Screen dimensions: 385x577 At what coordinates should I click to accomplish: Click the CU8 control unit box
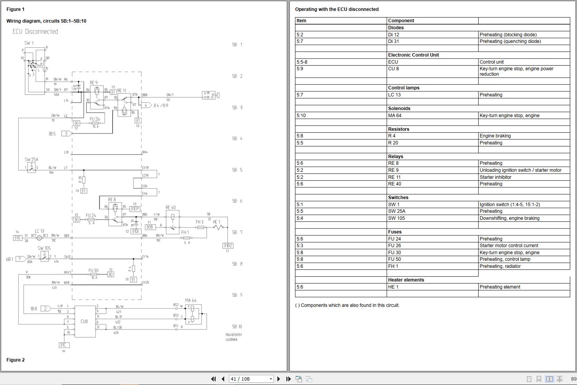point(85,321)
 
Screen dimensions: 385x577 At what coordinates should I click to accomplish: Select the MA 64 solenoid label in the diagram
point(191,300)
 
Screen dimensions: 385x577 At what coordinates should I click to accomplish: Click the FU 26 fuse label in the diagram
point(95,119)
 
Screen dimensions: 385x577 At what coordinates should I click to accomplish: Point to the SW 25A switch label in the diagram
point(31,160)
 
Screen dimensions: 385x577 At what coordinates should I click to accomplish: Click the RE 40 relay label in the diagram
point(170,208)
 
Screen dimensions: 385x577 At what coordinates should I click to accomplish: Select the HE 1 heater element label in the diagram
point(216,222)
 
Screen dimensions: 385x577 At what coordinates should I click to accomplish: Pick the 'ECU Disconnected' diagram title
point(35,32)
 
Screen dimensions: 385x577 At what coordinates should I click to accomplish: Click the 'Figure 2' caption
point(16,360)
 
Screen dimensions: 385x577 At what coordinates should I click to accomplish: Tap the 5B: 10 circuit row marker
point(237,326)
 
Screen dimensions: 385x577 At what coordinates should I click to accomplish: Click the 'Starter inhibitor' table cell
point(495,177)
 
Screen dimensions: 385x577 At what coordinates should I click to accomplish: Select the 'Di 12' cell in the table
point(393,35)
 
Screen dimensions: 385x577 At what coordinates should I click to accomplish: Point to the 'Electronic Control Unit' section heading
point(413,55)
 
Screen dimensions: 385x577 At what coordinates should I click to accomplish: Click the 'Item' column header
point(301,21)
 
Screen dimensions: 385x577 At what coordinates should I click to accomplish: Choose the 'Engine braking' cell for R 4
point(495,136)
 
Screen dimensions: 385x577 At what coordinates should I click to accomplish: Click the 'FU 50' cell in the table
point(394,259)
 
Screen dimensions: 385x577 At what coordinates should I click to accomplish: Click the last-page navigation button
point(288,379)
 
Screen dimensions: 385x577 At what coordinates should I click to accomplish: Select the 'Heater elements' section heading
point(406,280)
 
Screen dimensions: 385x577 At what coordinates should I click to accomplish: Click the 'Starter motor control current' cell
point(509,246)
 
